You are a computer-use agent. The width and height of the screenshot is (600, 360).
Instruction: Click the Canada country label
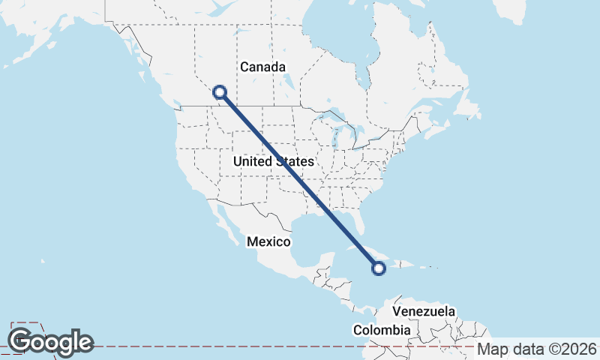pyautogui.click(x=262, y=67)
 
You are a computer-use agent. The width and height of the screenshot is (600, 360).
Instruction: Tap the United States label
pyautogui.click(x=273, y=162)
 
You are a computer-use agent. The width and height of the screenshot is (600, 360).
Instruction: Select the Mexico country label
pyautogui.click(x=268, y=241)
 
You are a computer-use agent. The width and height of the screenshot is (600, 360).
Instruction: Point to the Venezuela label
pyautogui.click(x=424, y=311)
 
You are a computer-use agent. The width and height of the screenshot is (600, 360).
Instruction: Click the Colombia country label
pyautogui.click(x=382, y=330)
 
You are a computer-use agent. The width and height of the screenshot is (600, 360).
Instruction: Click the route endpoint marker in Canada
pyautogui.click(x=220, y=92)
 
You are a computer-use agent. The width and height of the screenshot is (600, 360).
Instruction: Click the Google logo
pyautogui.click(x=51, y=342)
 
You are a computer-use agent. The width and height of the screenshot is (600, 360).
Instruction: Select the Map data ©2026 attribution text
pyautogui.click(x=537, y=349)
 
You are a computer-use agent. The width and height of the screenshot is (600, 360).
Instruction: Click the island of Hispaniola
pyautogui.click(x=405, y=265)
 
